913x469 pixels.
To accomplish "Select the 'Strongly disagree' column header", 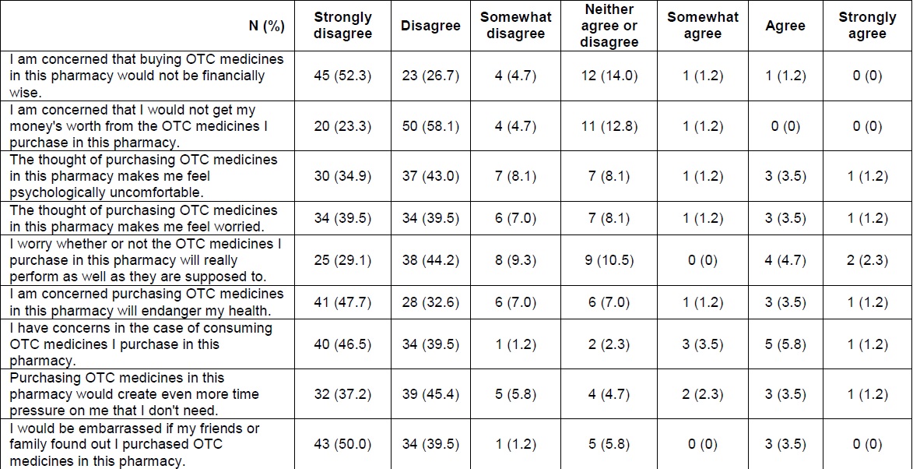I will pos(342,26).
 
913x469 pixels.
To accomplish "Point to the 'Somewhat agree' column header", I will pos(702,26).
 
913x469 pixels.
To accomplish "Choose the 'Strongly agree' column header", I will pos(867,26).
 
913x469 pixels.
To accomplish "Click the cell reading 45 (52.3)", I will pos(342,76).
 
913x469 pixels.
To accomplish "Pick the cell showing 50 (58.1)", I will pos(430,126).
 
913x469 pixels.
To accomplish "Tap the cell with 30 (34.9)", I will pos(342,176).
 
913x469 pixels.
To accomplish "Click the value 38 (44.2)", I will pos(430,260).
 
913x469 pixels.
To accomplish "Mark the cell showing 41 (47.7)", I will pos(342,302).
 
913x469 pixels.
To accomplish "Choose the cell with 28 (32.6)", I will pos(430,302).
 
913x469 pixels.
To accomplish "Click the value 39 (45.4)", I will pos(430,394).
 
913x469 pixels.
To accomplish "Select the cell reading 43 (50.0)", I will pos(342,444).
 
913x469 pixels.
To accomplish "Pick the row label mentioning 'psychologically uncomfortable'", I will pos(144,176).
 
